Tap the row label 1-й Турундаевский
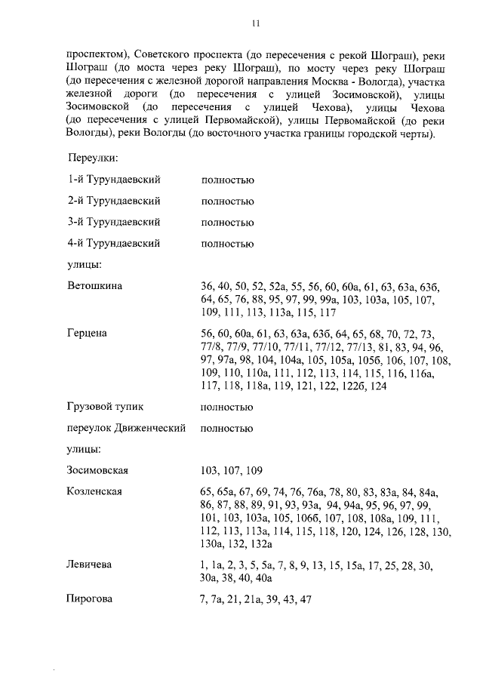[114, 180]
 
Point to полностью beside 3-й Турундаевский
[227, 223]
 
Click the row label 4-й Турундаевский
[114, 244]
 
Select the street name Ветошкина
[94, 286]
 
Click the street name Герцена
[88, 334]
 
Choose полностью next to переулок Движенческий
[227, 429]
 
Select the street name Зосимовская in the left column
[98, 471]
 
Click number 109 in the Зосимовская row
[253, 471]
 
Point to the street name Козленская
[95, 492]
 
